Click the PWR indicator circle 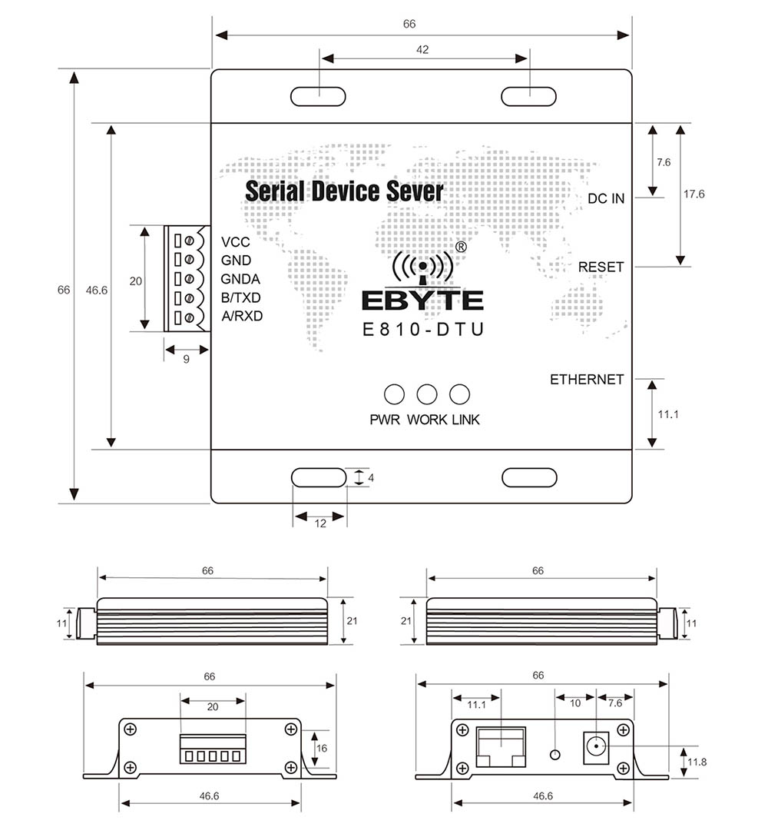pos(394,394)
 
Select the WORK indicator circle pos(427,394)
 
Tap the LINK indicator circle pos(459,394)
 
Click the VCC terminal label pos(236,241)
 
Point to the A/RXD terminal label pos(242,316)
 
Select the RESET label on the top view pos(601,267)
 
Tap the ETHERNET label pos(587,380)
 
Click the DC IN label pos(606,198)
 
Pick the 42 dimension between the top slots pos(422,50)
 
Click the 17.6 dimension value pos(694,194)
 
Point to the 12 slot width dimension pos(320,523)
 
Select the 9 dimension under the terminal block pos(186,359)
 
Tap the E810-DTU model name pos(422,330)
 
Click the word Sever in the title pos(412,191)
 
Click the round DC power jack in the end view pos(596,746)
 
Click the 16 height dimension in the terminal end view pos(323,747)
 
